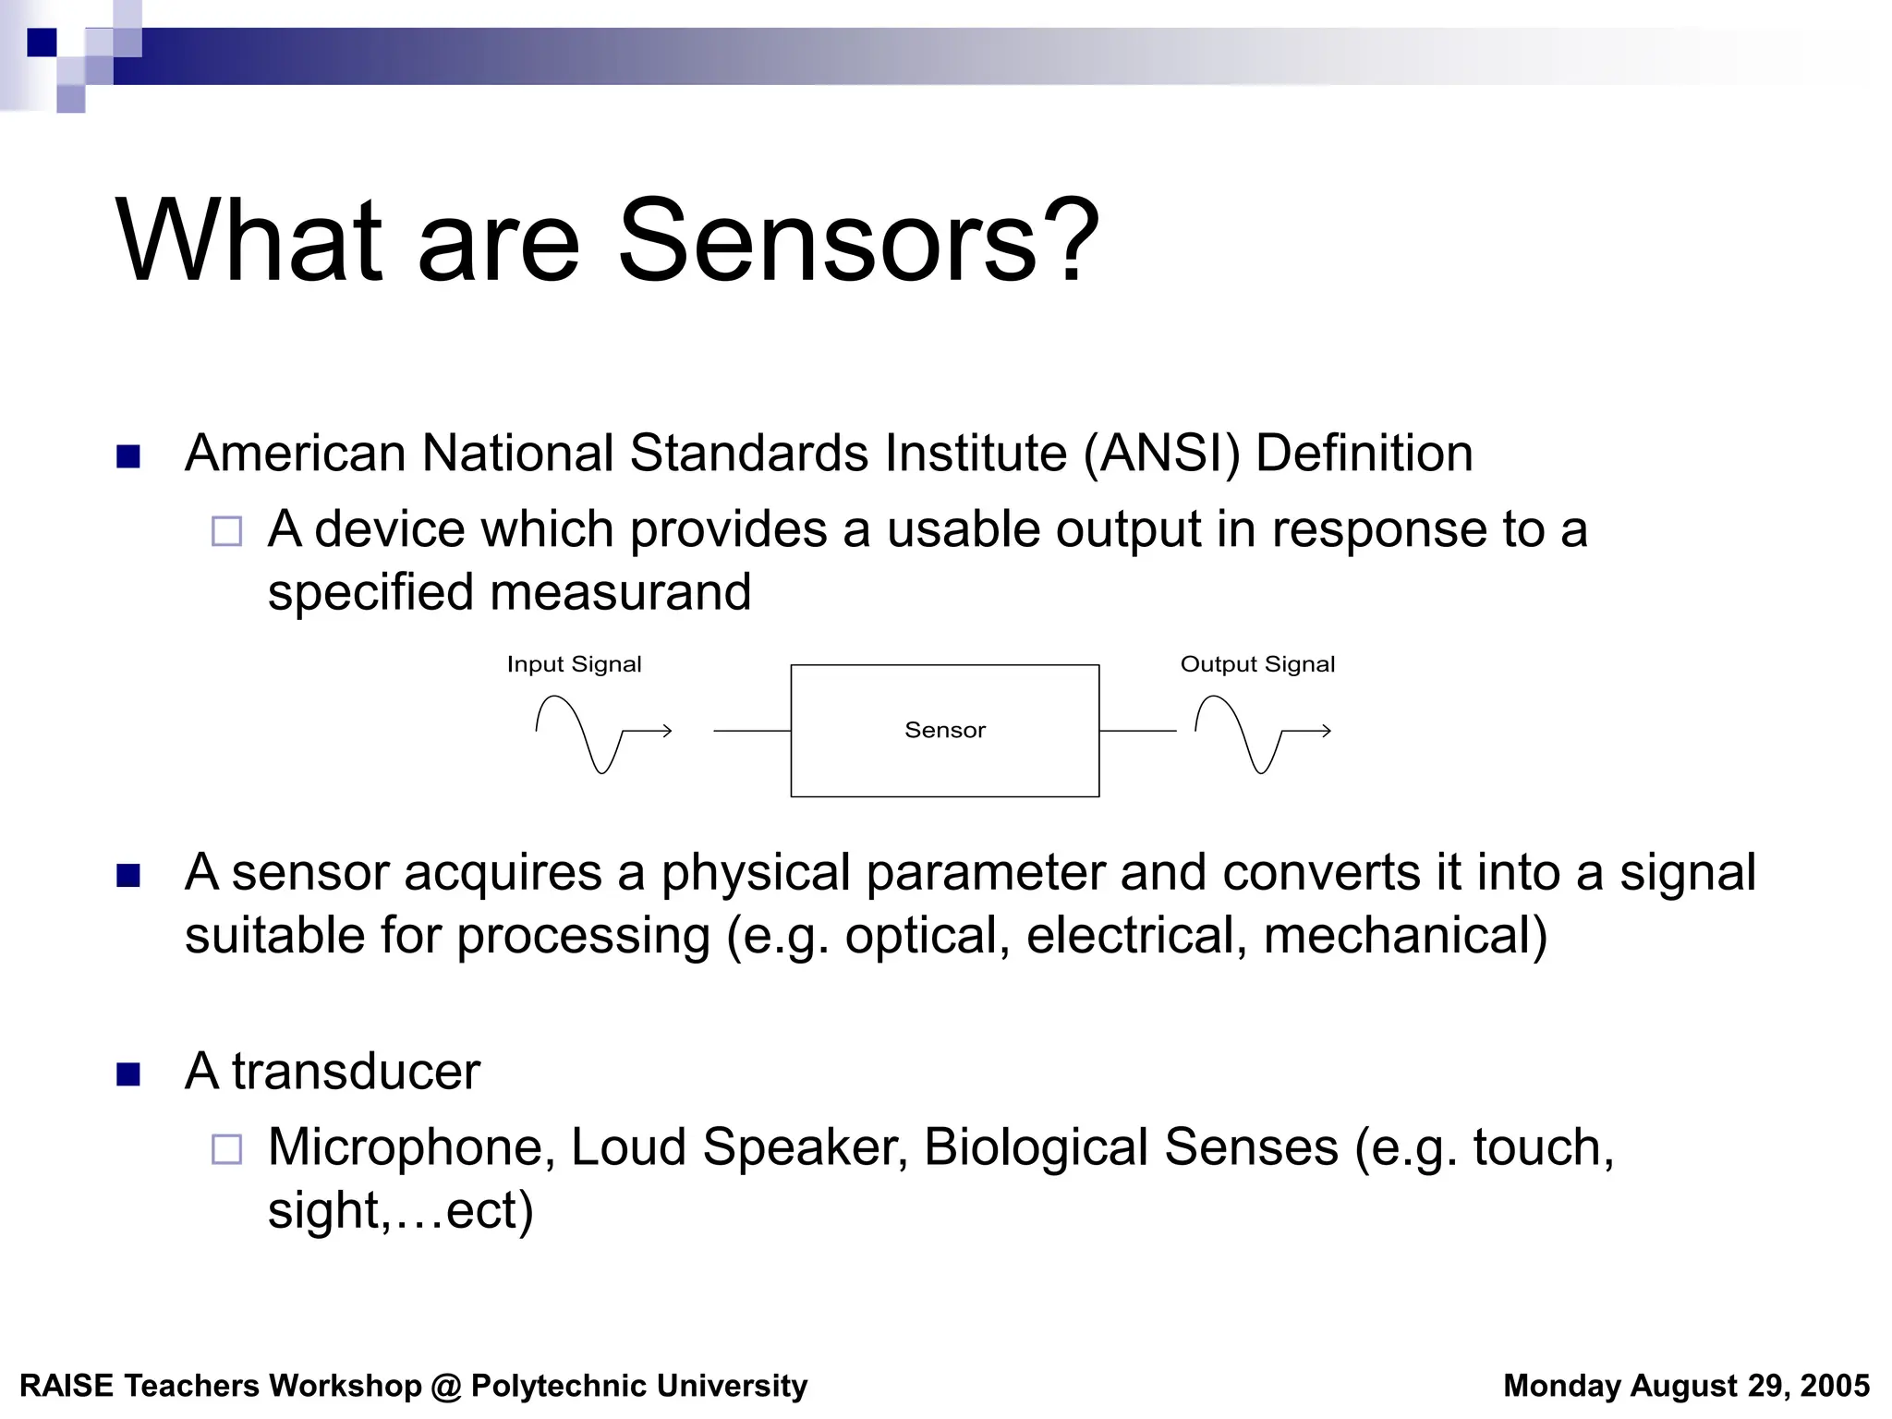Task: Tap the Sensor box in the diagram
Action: point(944,730)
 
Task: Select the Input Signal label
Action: point(574,664)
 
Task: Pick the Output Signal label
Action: point(1257,664)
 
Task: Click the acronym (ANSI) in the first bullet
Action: point(1161,454)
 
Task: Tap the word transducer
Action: point(356,1072)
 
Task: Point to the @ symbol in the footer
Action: point(446,1387)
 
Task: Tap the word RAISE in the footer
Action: point(67,1386)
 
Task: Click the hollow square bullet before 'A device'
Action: point(226,531)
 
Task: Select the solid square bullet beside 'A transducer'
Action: point(128,1073)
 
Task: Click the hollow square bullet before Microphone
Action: point(226,1149)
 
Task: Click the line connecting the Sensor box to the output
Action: point(1137,731)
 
